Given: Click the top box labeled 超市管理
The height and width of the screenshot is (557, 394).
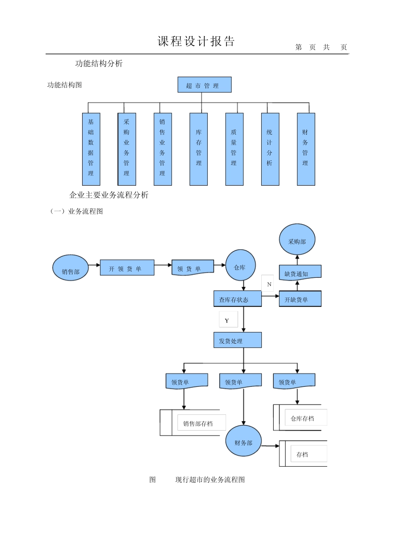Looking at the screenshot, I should click(x=204, y=85).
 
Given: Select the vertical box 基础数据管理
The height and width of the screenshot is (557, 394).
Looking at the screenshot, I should click(x=91, y=149).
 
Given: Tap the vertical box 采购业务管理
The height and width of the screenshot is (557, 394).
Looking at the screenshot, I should click(x=126, y=149).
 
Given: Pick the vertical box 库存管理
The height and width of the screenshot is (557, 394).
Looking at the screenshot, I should click(x=198, y=149).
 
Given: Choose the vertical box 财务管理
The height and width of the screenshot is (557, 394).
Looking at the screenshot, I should click(x=306, y=149).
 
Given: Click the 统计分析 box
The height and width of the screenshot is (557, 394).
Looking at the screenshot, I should click(x=270, y=149).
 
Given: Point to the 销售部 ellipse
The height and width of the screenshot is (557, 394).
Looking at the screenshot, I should click(x=71, y=268).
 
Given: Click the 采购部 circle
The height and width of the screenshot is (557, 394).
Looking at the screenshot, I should click(x=297, y=240).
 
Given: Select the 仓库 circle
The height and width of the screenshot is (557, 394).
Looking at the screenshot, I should click(x=240, y=265).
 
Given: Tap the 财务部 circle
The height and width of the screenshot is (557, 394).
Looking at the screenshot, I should click(x=243, y=441).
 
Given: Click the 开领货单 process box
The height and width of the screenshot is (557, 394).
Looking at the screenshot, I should click(x=127, y=268).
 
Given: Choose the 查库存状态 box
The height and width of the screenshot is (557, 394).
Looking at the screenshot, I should click(x=237, y=298).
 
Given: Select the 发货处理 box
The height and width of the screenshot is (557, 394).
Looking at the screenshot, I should click(x=237, y=340).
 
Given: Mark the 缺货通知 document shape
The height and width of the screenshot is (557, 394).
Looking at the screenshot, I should click(x=300, y=273).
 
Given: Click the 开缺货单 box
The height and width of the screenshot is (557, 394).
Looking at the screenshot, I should click(x=300, y=299).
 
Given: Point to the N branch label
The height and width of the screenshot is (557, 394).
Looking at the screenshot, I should click(x=269, y=284).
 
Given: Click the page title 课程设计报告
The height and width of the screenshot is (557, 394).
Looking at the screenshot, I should click(x=196, y=41).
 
